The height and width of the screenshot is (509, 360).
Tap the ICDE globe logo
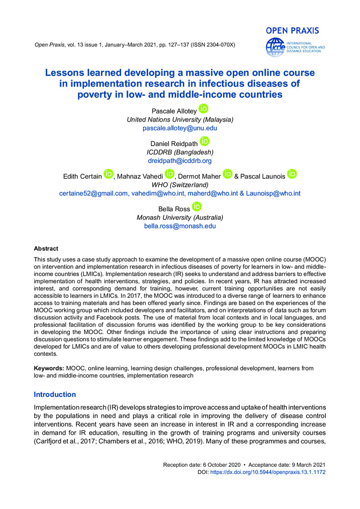275,47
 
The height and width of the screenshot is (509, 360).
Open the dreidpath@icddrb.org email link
180,160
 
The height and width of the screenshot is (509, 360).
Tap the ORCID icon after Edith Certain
108,175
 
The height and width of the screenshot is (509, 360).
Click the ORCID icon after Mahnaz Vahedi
170,175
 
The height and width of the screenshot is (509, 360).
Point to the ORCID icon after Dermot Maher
227,175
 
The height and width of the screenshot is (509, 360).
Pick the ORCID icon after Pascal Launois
292,175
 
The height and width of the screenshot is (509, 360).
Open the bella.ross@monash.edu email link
180,226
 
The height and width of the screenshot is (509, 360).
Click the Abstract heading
46,249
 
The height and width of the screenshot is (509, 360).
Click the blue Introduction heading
54,394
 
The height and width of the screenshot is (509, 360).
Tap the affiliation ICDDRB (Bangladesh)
180,152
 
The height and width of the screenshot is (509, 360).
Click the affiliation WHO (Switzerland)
180,184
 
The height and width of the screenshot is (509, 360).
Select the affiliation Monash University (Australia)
180,217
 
